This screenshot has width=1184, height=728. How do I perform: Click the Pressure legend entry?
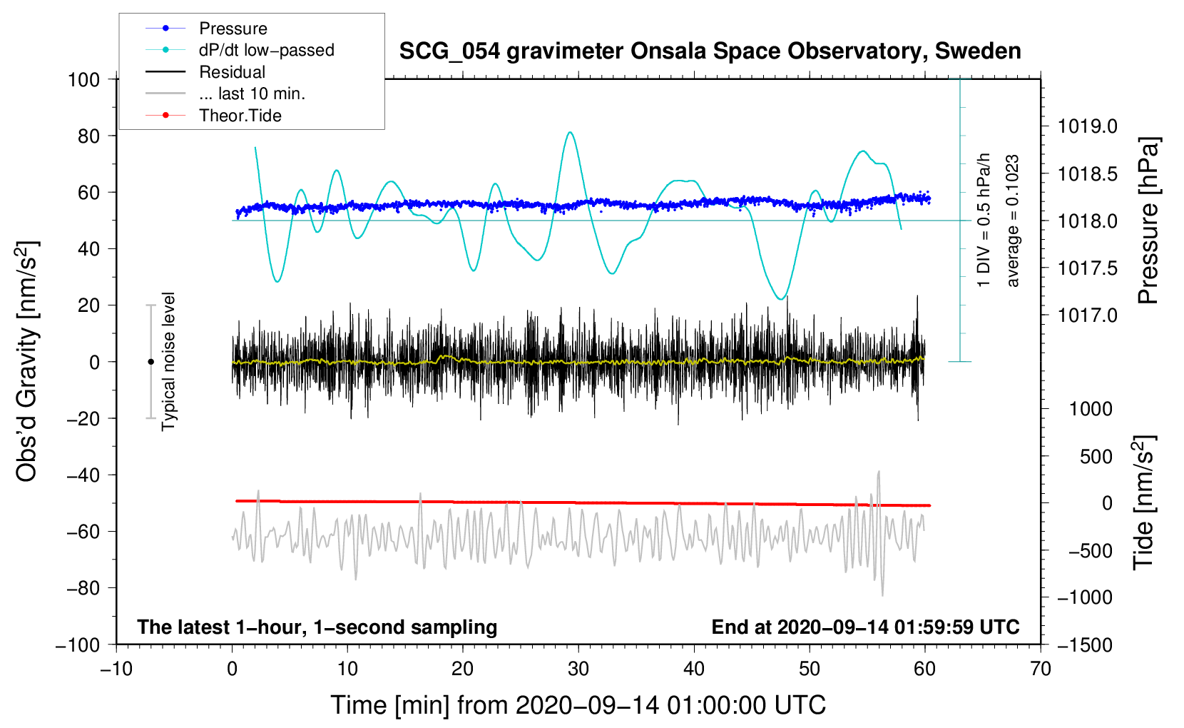click(233, 29)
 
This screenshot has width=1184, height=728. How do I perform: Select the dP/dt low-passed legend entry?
click(266, 50)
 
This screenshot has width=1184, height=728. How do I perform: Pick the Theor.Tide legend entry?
click(240, 116)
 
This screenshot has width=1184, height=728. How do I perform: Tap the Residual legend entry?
click(232, 72)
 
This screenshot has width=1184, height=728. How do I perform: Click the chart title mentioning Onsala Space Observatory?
click(710, 51)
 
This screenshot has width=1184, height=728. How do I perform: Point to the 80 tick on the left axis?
click(88, 136)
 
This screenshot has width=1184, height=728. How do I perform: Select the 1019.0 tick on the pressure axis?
click(1087, 126)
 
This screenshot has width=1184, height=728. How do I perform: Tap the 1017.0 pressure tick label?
click(1087, 315)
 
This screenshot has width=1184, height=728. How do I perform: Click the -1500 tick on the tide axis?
click(1084, 644)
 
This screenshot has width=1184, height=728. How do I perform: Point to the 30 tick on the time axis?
click(578, 669)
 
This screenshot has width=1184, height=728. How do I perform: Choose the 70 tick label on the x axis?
click(1041, 669)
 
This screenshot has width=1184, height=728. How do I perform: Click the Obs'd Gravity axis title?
click(26, 361)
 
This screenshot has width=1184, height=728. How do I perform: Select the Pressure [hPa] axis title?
click(1148, 221)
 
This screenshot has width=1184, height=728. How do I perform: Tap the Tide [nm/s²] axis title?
click(1144, 502)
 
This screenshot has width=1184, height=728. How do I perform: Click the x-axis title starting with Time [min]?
click(578, 705)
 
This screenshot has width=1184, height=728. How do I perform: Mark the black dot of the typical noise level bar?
click(150, 362)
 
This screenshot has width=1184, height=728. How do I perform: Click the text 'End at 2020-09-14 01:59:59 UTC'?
click(865, 627)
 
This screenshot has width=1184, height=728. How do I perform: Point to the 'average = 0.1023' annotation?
click(1013, 221)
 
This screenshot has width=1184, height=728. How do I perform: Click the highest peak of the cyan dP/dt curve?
click(569, 132)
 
